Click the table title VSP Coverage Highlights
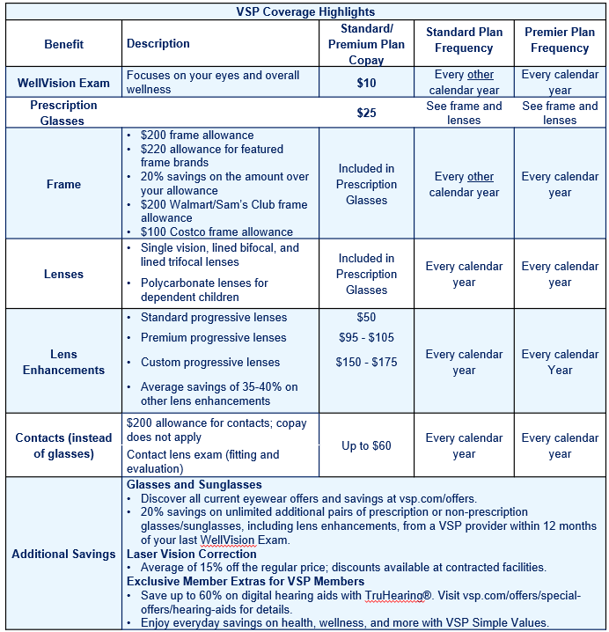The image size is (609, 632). tap(305, 11)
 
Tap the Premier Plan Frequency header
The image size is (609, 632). tap(560, 40)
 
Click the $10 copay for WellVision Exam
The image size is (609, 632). tap(366, 83)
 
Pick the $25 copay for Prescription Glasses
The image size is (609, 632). tap(366, 113)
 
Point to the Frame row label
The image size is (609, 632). tap(63, 184)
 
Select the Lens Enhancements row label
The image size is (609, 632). tap(63, 362)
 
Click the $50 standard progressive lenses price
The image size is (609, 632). tap(366, 317)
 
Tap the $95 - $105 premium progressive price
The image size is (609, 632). tap(366, 337)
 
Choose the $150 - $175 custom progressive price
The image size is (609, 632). tap(366, 362)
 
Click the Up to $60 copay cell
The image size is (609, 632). tap(366, 445)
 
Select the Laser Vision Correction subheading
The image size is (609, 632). tap(192, 555)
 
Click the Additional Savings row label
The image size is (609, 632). tap(63, 555)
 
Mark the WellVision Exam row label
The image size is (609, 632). tap(63, 83)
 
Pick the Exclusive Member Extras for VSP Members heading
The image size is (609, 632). tap(246, 581)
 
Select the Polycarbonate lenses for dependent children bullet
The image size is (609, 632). tap(204, 290)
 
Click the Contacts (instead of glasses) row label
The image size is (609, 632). tap(63, 445)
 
